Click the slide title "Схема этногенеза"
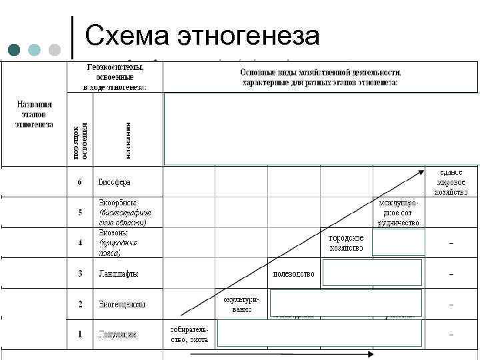tap(203, 35)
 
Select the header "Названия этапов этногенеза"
tap(35, 114)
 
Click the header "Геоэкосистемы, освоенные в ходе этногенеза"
tap(115, 77)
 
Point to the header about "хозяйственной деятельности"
tap(320, 77)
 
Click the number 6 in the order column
tap(80, 181)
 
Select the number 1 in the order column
tap(80, 333)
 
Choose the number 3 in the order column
tap(80, 273)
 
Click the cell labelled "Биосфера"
tap(115, 181)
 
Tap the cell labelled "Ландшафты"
tap(119, 273)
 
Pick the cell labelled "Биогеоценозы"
tap(122, 304)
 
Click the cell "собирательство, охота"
tap(189, 334)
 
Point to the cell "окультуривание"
tap(241, 304)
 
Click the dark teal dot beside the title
tap(15, 51)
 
